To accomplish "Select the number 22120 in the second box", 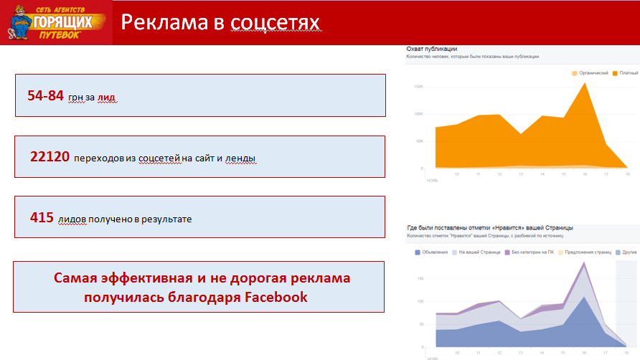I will pyautogui.click(x=49, y=156).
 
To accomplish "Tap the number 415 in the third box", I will pyautogui.click(x=42, y=217).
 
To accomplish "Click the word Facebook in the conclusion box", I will pyautogui.click(x=276, y=297).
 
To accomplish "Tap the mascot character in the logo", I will pyautogui.click(x=21, y=22).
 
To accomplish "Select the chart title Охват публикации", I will pyautogui.click(x=432, y=48).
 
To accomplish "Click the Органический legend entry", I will pyautogui.click(x=593, y=73).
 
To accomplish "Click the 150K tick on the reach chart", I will pyautogui.click(x=418, y=87).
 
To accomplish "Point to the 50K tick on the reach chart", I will pyautogui.click(x=418, y=141).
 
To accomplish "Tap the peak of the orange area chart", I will pyautogui.click(x=585, y=83).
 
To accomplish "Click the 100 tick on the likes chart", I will pyautogui.click(x=419, y=301).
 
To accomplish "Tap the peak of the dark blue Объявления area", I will pyautogui.click(x=585, y=296).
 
